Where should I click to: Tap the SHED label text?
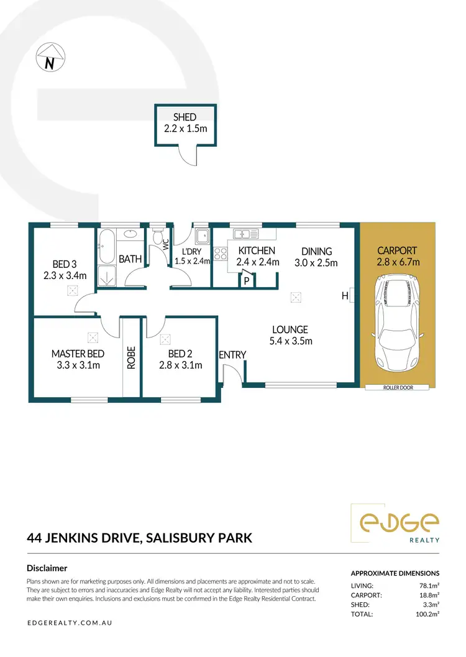click(185, 117)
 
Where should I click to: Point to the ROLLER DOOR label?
click(398, 388)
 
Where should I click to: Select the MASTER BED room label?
click(78, 354)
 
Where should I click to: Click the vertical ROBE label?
click(131, 357)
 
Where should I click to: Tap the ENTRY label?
click(232, 355)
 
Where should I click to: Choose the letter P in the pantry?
click(247, 280)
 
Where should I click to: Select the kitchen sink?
click(246, 234)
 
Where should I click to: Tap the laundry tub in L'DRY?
click(201, 237)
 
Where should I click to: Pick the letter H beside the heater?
click(344, 296)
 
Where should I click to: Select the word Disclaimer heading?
click(47, 568)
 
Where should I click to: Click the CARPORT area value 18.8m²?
click(428, 595)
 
